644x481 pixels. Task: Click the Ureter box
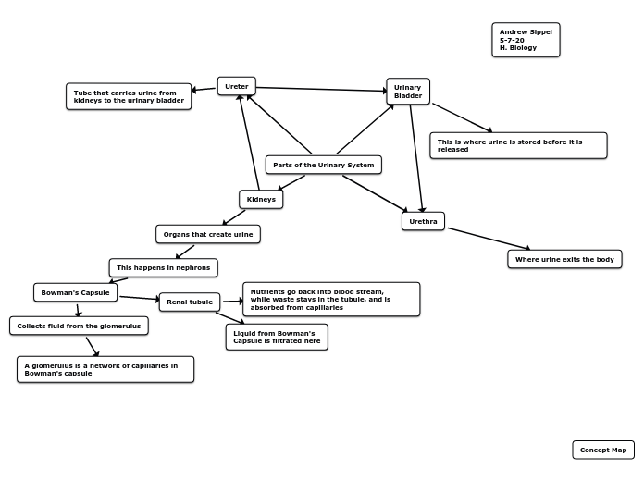(x=237, y=86)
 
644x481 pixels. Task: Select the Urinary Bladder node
(x=408, y=92)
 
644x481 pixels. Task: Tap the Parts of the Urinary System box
(x=323, y=165)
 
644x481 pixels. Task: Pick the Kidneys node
(x=261, y=199)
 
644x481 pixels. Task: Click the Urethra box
(x=423, y=221)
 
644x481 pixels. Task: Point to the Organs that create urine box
(x=208, y=234)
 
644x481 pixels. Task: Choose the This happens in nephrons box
(x=164, y=267)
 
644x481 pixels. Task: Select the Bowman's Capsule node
(x=76, y=292)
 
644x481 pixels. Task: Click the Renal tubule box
(x=190, y=302)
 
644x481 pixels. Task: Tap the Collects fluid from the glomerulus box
(x=79, y=326)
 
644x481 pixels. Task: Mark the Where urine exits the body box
(x=564, y=259)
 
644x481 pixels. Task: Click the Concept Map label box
(x=603, y=450)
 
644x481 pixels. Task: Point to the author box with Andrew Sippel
(x=526, y=40)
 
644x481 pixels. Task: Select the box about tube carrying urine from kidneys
(x=129, y=96)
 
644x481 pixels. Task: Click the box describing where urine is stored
(x=518, y=145)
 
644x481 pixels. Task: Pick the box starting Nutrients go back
(x=331, y=299)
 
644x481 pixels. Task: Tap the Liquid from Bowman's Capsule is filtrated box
(x=277, y=337)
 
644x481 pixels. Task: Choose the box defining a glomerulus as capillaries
(x=105, y=369)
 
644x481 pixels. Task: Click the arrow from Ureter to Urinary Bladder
(x=321, y=90)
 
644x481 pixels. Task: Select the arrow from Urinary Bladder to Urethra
(x=417, y=158)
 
